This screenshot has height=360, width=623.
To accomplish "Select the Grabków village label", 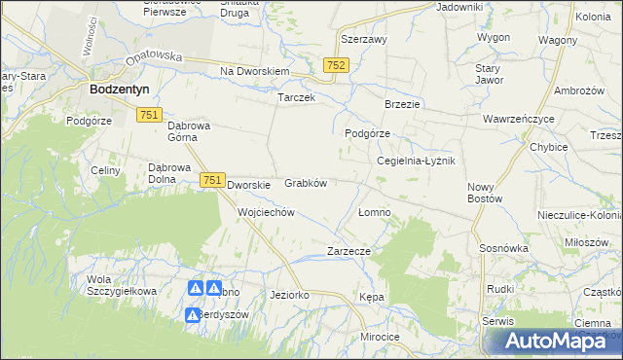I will tap(305, 183).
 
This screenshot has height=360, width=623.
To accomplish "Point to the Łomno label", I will tap(374, 212).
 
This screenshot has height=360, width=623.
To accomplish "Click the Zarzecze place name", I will tap(349, 250).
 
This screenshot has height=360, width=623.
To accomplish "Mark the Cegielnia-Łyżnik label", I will tap(416, 161).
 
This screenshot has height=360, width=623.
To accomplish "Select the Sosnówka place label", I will tap(503, 248).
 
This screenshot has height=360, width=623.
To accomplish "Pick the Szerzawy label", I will tap(364, 40).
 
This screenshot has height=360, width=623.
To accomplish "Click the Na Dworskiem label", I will tap(255, 72).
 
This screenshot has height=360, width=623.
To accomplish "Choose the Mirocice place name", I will tap(380, 337).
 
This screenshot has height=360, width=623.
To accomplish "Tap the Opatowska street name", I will tap(154, 56).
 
